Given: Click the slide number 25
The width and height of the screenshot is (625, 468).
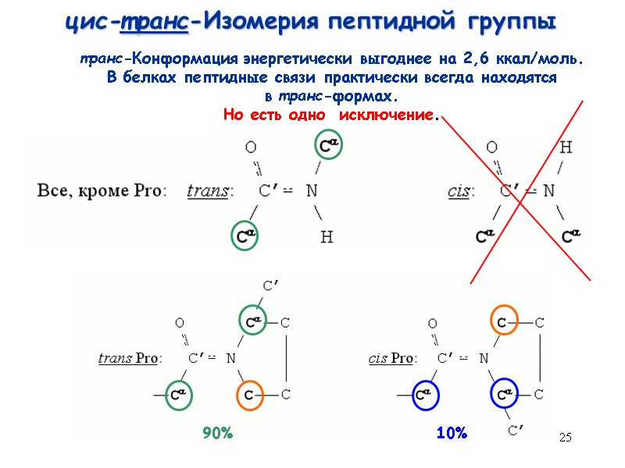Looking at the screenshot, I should pos(566,438).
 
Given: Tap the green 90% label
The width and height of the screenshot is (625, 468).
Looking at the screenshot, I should pos(218,433).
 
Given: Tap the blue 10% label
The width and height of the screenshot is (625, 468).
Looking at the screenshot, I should pos(452,433).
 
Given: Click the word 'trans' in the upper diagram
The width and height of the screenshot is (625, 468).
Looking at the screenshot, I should pos(209,190).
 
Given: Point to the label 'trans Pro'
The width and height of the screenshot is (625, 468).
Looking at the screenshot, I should pos(127,359).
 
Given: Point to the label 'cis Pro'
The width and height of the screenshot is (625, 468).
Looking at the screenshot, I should pos(391,359).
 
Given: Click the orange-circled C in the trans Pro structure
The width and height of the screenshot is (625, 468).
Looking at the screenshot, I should pos(249,395).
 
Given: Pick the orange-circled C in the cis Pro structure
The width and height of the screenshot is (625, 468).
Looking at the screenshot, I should pos(502,321).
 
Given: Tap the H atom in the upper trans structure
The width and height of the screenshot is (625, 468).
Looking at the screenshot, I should pos(327,237).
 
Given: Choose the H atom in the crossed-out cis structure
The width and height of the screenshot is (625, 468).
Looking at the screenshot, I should pos(566,147).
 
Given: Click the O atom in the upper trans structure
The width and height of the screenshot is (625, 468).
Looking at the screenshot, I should pos(251,147).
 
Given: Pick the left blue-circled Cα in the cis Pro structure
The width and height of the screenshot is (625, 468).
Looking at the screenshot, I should pos(426,395).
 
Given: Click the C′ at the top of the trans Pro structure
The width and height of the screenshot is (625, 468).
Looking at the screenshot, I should pos(271,286).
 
